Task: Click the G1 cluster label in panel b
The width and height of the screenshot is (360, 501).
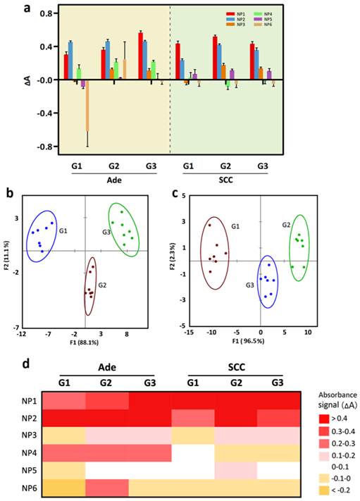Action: (63, 230)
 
